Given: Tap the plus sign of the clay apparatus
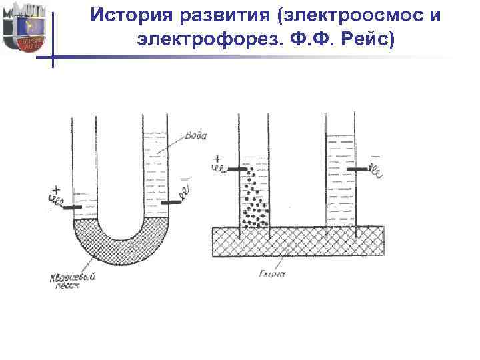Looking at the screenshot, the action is click(217, 159).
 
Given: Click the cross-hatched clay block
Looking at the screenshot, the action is click(297, 241).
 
